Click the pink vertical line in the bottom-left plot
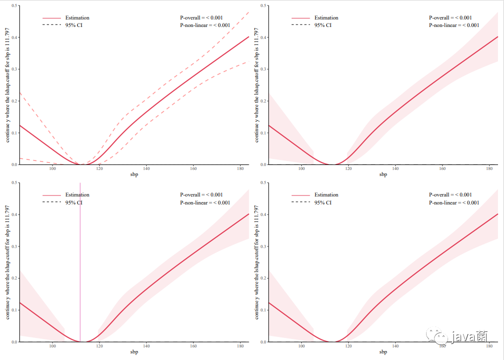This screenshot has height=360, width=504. click(80, 262)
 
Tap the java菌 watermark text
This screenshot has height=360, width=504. click(470, 336)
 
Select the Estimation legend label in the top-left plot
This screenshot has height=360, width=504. click(77, 17)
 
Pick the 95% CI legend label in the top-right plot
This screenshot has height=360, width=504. click(323, 25)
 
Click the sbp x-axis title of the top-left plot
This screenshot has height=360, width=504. click(134, 174)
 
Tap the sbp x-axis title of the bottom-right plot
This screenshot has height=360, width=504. click(383, 351)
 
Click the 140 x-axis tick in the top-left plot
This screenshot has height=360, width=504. click(146, 168)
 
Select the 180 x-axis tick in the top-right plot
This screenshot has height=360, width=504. click(489, 168)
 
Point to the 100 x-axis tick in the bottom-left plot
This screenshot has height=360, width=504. click(52, 346)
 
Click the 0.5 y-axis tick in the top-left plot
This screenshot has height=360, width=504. click(14, 5)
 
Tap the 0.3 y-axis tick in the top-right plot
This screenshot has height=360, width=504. click(263, 69)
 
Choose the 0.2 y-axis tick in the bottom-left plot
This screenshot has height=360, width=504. click(14, 278)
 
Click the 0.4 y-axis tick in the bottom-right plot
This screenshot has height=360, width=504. click(263, 214)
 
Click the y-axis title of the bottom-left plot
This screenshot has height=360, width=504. click(7, 262)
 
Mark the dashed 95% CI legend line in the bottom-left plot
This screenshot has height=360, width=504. click(51, 202)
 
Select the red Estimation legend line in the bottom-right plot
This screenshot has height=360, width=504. click(301, 195)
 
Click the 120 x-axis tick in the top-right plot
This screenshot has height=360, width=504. click(349, 168)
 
